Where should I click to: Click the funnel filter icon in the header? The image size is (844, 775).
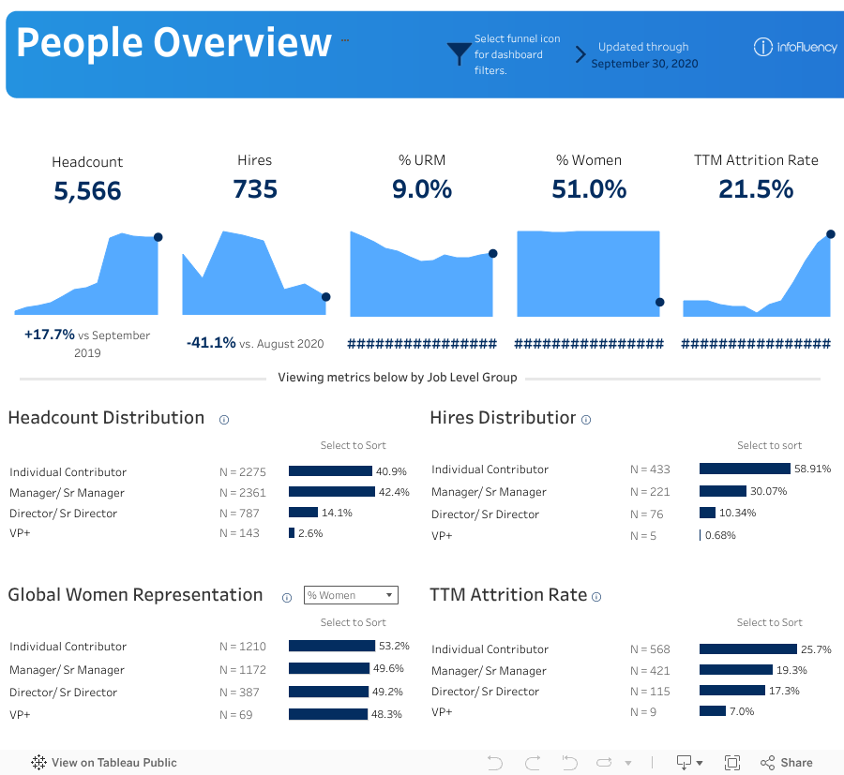459,53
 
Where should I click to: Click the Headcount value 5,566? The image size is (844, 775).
87,191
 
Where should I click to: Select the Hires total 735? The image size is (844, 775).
255,189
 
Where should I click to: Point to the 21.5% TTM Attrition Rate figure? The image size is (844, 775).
756,189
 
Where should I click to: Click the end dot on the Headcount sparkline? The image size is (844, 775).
158,237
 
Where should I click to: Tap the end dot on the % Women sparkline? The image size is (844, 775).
659,302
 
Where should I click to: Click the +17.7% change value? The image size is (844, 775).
50,335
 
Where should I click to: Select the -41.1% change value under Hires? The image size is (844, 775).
211,343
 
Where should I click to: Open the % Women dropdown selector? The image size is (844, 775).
351,595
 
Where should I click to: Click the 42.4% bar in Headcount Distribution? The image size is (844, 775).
332,492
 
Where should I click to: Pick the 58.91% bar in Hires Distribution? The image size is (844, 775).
745,469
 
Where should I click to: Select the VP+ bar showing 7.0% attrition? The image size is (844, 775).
713,711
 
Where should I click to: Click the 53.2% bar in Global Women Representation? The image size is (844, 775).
332,646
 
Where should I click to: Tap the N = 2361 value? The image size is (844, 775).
242,492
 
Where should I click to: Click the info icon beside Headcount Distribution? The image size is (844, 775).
224,420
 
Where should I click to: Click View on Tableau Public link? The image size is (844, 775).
104,763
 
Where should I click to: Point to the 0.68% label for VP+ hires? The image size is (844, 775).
720,536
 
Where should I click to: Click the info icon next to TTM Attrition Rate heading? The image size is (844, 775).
596,597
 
